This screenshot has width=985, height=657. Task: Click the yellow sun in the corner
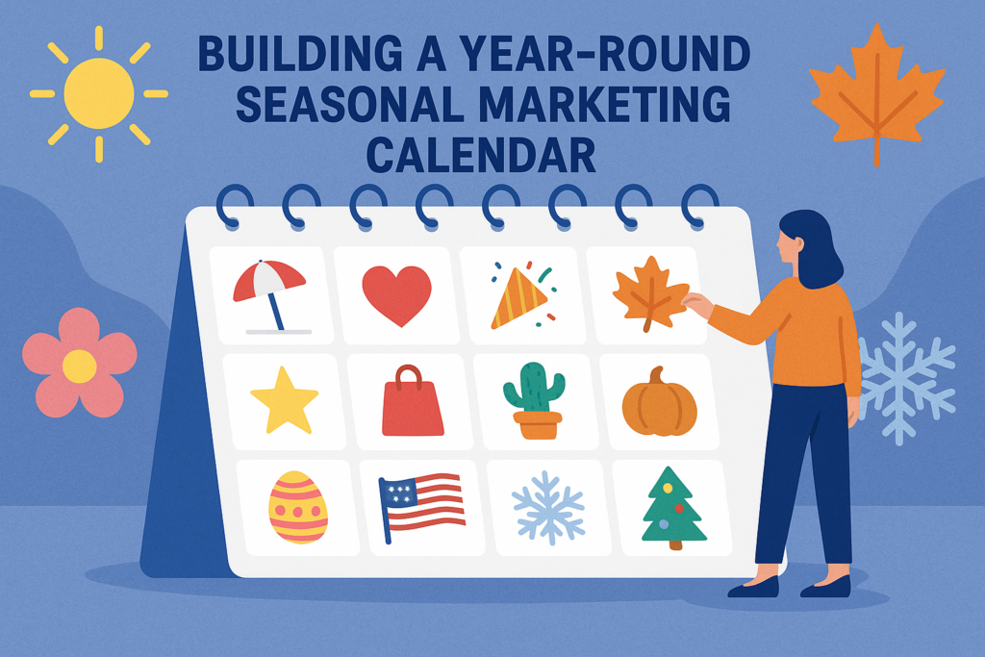[x=98, y=93]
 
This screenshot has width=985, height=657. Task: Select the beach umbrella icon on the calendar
[x=270, y=293]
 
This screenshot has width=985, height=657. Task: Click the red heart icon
[x=396, y=294]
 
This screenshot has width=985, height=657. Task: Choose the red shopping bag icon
[x=413, y=402]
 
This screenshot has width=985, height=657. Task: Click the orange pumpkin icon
[x=659, y=402]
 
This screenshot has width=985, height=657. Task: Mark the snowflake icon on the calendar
[x=547, y=508]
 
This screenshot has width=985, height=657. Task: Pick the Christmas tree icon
[x=673, y=508]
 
